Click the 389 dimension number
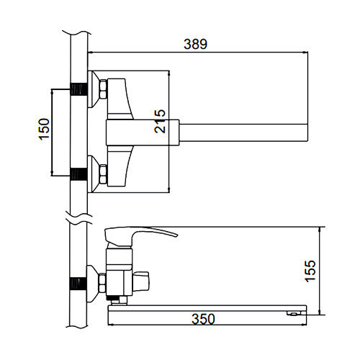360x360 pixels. [195, 44]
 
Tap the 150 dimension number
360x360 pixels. [44, 129]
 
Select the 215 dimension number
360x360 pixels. [160, 121]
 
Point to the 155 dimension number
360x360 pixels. [310, 271]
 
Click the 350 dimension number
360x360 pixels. [203, 319]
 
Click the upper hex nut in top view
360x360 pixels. [103, 89]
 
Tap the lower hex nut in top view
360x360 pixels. [103, 174]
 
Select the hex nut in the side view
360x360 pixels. [102, 283]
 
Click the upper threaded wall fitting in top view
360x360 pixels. [78, 89]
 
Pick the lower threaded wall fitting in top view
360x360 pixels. [78, 174]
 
